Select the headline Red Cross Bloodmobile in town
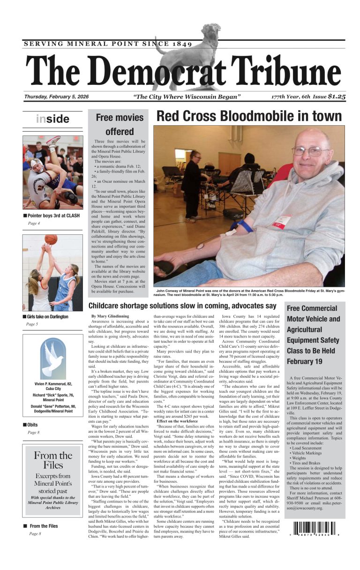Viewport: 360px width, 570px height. [x=249, y=116]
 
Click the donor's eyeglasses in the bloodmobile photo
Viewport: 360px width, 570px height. [x=310, y=151]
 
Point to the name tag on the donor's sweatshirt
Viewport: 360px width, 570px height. [x=283, y=221]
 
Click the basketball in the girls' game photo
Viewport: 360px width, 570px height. [x=51, y=240]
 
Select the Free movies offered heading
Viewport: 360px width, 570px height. [x=120, y=124]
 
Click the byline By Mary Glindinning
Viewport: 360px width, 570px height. [x=110, y=316]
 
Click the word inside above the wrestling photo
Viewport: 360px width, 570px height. [x=52, y=119]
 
